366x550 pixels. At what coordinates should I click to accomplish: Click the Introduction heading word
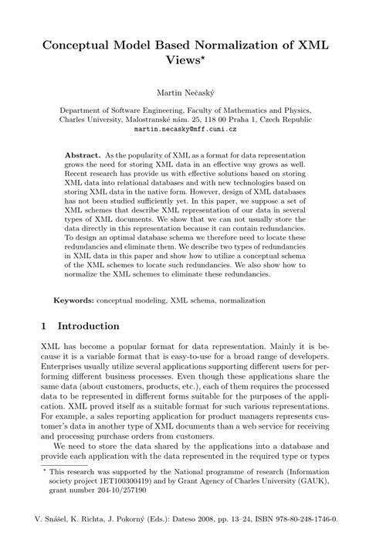tap(86, 327)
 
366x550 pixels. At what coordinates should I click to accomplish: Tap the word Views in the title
tap(179, 65)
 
